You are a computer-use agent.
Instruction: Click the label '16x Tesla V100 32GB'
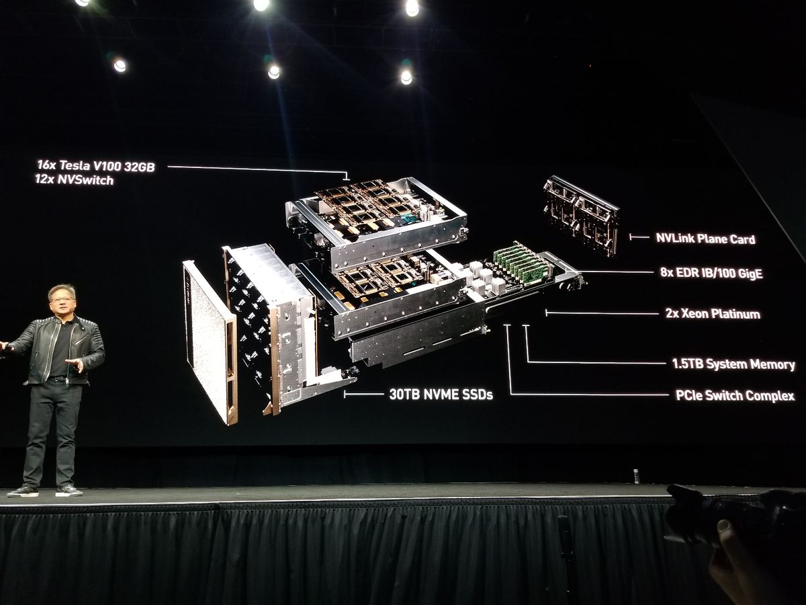[x=96, y=166]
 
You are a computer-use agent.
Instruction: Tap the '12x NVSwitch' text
[x=75, y=180]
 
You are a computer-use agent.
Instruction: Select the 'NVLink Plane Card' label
[x=705, y=238]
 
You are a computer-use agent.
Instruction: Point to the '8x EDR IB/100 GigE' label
[x=711, y=273]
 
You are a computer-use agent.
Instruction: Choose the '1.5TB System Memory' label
[x=733, y=364]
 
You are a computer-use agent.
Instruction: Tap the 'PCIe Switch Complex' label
[x=735, y=396]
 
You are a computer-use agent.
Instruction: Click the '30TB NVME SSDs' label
[x=441, y=395]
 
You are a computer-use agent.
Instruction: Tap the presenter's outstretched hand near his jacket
[x=75, y=365]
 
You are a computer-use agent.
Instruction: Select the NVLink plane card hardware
[x=582, y=214]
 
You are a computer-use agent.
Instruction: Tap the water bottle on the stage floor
[x=635, y=476]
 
